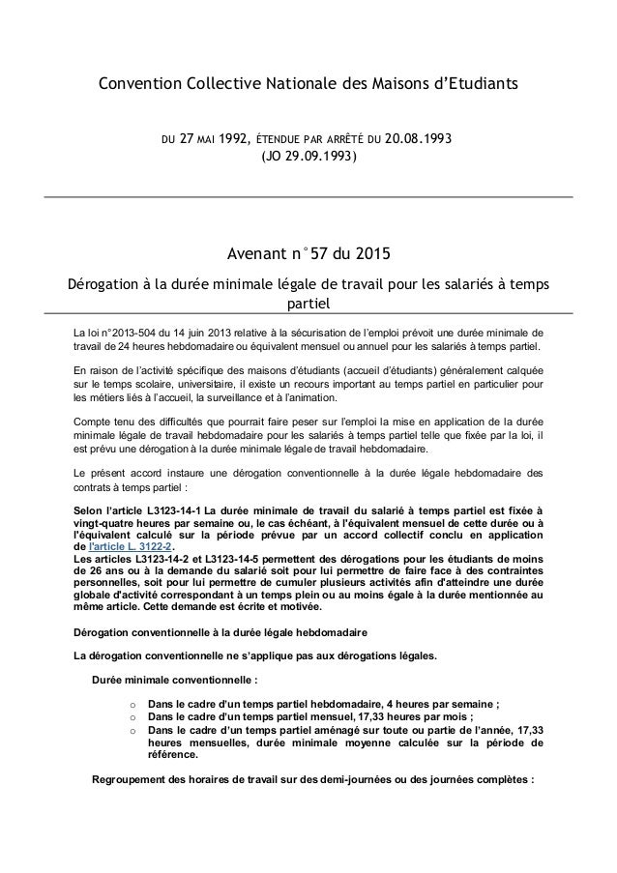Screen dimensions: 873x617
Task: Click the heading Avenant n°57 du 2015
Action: [308, 256]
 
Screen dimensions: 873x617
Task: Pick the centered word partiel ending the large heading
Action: [308, 305]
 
